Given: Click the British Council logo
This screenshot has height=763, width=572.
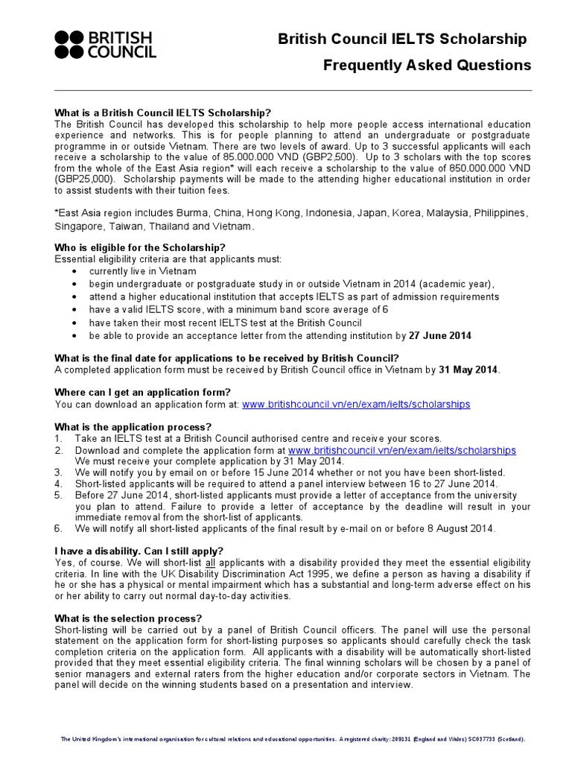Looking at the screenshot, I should click(105, 45).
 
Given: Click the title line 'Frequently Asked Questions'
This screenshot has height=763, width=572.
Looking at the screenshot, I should click(427, 66).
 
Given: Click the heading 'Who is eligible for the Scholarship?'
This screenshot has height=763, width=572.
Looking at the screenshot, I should click(140, 247).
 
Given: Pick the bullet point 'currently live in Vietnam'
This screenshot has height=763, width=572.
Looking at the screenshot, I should click(132, 271).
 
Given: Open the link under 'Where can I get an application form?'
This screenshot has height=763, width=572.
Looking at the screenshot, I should click(356, 404).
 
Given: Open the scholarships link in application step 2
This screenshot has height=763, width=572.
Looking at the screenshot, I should click(401, 450).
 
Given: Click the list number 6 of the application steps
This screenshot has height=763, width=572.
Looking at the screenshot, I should click(59, 528).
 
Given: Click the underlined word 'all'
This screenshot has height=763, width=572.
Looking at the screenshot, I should click(212, 563).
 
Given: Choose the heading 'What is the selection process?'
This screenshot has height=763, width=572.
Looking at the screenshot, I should click(128, 618).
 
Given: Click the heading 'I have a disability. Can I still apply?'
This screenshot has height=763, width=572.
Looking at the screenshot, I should click(139, 551).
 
